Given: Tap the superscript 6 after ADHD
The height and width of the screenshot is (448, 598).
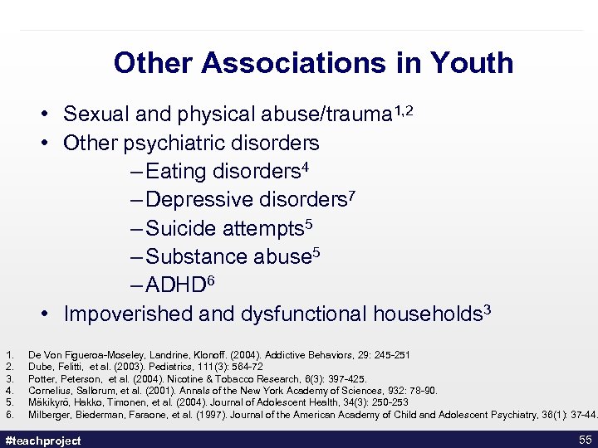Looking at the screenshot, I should pos(210,280).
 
